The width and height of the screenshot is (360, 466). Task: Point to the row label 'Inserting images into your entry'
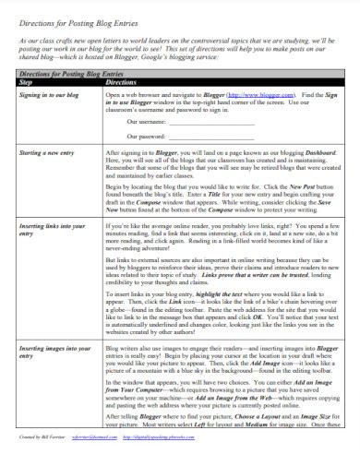55,350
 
